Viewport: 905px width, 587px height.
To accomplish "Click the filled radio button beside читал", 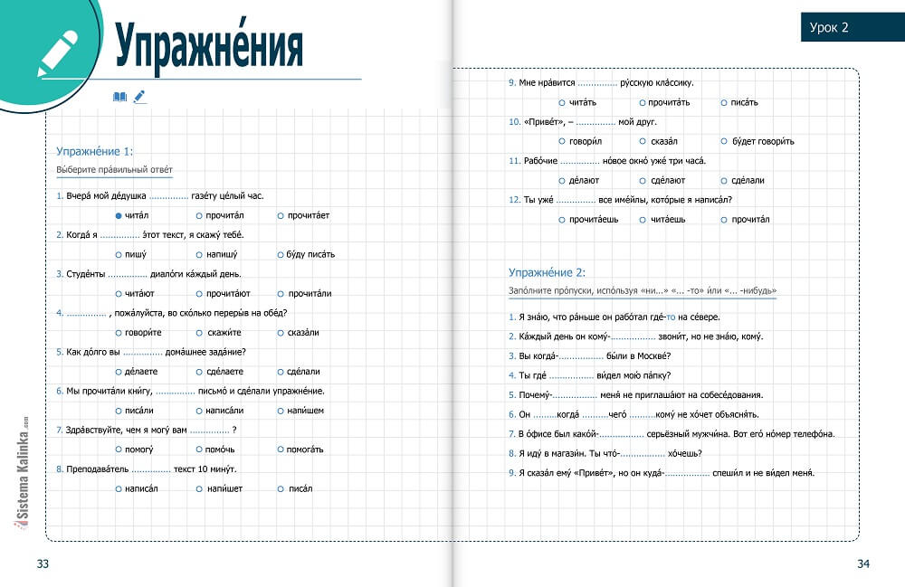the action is pyautogui.click(x=119, y=215).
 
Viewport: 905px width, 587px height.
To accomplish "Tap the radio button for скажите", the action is pyautogui.click(x=199, y=333).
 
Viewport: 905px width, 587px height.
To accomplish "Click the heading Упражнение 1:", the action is pyautogui.click(x=94, y=152).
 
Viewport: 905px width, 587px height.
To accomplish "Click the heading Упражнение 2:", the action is pyautogui.click(x=547, y=271).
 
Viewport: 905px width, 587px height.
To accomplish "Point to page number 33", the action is pyautogui.click(x=43, y=564).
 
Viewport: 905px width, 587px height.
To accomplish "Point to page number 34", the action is pyautogui.click(x=862, y=564).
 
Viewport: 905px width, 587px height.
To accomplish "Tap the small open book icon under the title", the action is pyautogui.click(x=120, y=97).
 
